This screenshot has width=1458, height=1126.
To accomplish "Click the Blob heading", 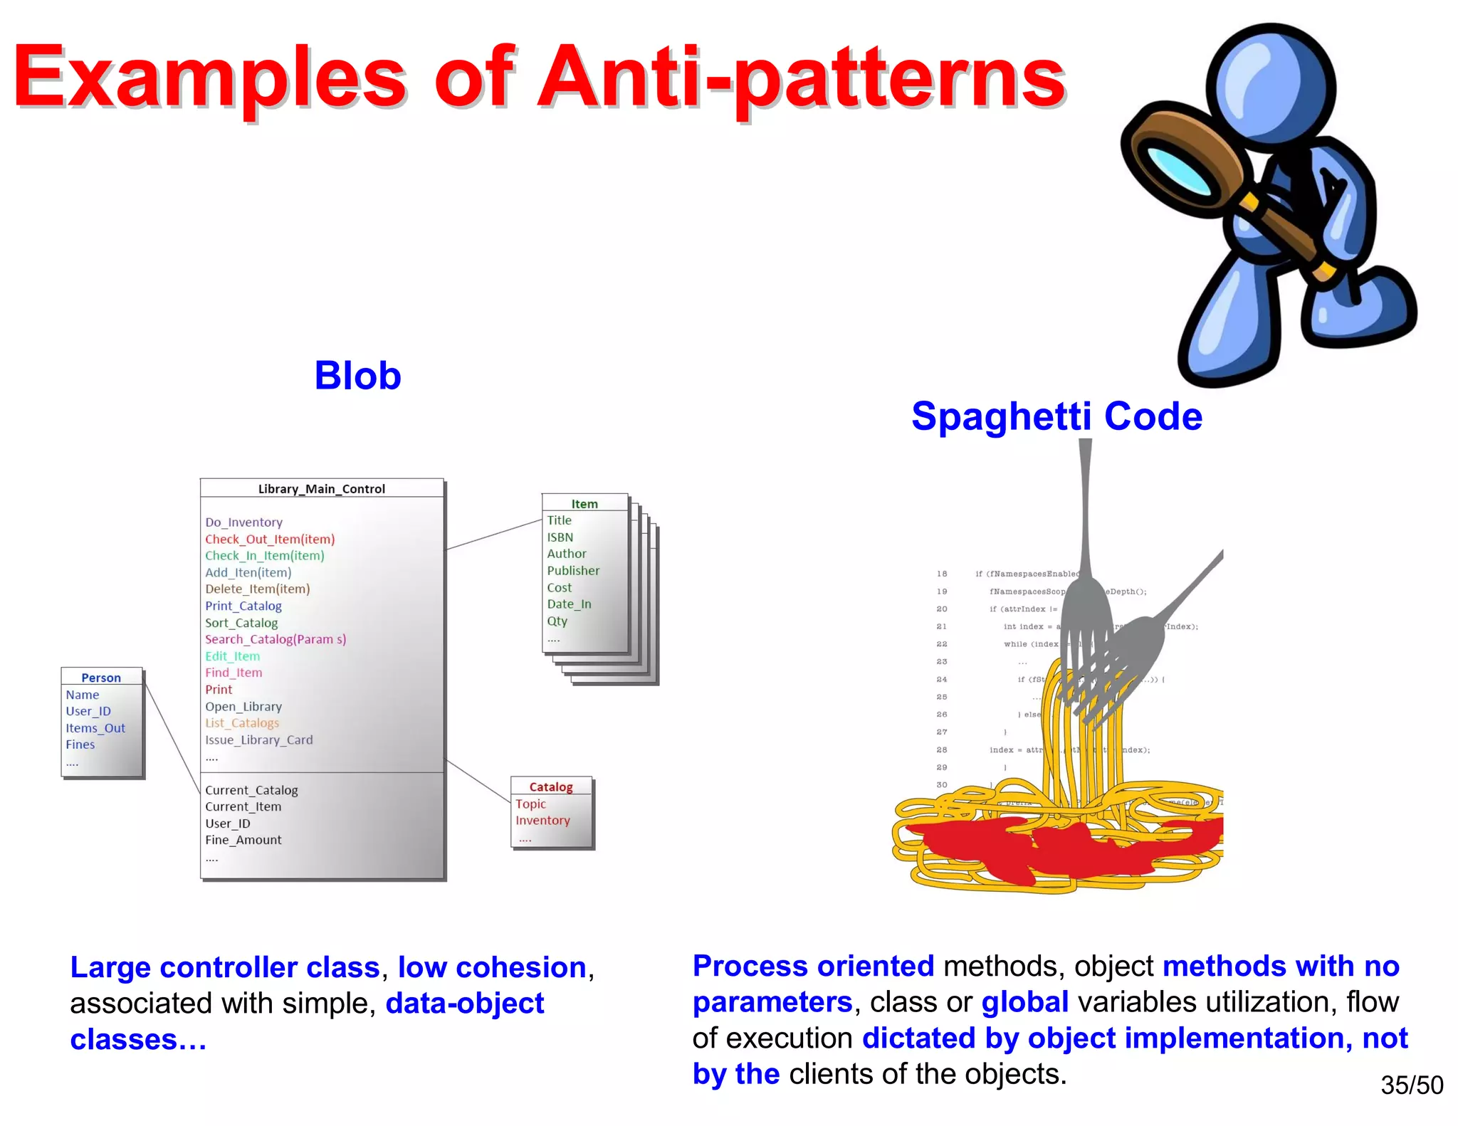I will click(357, 376).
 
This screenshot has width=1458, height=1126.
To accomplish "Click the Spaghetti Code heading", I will click(1056, 416).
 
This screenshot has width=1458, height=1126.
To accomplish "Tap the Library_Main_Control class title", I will click(321, 489).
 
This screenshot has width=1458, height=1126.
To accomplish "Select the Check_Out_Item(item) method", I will click(270, 539).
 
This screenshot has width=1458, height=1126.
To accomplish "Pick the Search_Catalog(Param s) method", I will click(276, 639).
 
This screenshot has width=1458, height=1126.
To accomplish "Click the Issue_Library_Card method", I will click(258, 740).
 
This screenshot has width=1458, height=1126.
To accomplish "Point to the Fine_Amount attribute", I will click(243, 840).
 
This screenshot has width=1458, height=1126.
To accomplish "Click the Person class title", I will click(101, 678).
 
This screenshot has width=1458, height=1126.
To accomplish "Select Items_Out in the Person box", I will click(95, 728).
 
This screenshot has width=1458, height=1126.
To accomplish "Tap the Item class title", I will click(584, 504).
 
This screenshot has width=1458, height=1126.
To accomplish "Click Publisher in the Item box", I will click(573, 571).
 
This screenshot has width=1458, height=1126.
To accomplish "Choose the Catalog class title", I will click(551, 786).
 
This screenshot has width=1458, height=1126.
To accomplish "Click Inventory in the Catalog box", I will click(542, 821).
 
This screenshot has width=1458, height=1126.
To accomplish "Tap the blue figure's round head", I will click(1271, 85).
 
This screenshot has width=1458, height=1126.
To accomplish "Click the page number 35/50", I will click(1411, 1085).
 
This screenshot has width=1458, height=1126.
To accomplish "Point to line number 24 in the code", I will click(942, 680).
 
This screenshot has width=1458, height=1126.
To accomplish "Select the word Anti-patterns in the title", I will click(801, 78).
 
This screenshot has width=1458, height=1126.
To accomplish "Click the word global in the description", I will click(1024, 1002).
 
